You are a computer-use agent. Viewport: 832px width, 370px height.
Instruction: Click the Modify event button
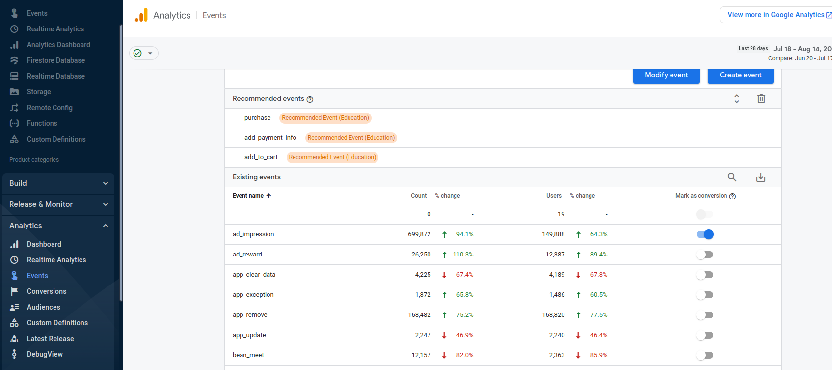coord(666,75)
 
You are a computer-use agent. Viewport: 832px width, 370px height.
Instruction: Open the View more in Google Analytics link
coord(776,15)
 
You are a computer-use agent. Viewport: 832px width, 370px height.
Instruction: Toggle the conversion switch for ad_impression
coord(705,234)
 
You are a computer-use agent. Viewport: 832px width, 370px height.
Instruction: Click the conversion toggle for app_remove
coord(705,315)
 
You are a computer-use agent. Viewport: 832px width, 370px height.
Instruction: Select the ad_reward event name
coord(247,255)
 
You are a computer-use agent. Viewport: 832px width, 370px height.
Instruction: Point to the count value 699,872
coord(419,234)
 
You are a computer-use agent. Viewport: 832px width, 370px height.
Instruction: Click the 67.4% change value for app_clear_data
coord(464,275)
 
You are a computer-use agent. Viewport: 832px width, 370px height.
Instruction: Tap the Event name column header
coord(248,196)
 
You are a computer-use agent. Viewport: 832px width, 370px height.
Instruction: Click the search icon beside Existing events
coord(732,177)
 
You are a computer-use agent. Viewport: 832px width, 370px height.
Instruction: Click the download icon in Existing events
coord(761,177)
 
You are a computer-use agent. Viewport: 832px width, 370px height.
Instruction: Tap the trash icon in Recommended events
coord(761,99)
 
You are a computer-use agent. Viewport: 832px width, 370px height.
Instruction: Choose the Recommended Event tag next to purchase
coord(325,118)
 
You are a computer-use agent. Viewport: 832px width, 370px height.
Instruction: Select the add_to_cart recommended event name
coord(261,157)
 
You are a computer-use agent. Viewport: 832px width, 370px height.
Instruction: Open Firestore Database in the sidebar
coord(56,60)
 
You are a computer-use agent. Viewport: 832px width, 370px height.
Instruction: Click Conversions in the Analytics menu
coord(47,291)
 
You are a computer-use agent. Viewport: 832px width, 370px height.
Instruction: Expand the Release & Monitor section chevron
coord(106,204)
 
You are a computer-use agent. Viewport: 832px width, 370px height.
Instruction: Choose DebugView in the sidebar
coord(45,354)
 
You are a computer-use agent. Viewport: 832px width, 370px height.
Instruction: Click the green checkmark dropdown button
coord(144,53)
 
